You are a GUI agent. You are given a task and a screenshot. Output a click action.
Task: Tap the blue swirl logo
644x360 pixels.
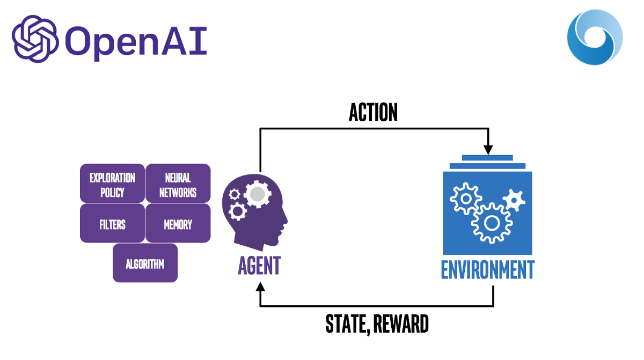(595, 36)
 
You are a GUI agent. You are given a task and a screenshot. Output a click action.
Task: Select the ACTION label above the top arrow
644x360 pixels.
(373, 112)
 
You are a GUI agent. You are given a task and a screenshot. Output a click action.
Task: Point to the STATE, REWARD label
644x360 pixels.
(377, 324)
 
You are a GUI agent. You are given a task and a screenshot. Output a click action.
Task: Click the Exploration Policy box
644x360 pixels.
(112, 185)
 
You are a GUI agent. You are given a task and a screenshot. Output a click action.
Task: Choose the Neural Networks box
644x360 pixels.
(178, 185)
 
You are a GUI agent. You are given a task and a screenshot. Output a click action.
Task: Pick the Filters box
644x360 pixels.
(112, 224)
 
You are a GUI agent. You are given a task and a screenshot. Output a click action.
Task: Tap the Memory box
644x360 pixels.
(178, 224)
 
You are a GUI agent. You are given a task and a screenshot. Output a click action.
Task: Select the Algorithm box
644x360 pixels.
(145, 263)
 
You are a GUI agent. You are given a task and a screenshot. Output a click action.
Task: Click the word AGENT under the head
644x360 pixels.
(259, 265)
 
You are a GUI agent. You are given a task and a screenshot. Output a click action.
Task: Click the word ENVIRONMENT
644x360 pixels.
(487, 269)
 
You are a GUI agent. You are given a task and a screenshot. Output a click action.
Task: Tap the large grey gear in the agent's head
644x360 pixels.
(257, 194)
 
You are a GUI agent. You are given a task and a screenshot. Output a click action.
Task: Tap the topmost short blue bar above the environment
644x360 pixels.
(487, 158)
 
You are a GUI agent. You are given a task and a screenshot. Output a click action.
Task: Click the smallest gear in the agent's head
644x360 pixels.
(234, 194)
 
